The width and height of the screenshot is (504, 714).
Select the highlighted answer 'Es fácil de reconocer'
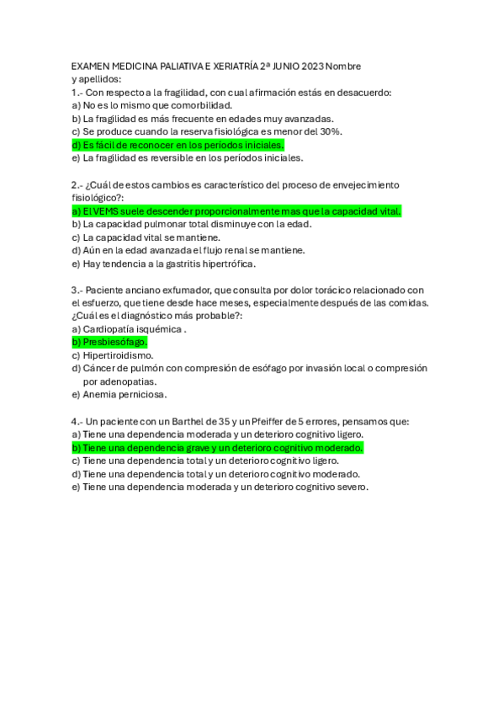coord(178,145)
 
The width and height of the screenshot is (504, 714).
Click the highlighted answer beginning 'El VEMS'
coord(236,210)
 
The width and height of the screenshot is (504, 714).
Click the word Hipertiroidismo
coord(118,355)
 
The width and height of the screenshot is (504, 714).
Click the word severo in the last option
coord(349,487)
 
